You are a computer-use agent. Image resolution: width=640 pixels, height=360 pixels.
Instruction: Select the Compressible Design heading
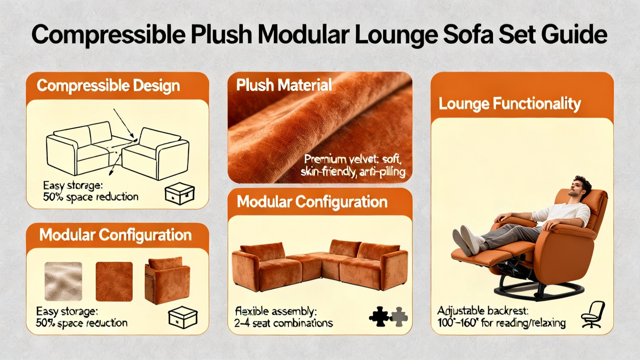(x=108, y=86)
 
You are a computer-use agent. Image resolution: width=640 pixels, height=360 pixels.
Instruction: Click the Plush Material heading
(x=284, y=85)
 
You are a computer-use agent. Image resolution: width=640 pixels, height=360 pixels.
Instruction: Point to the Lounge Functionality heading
(x=510, y=104)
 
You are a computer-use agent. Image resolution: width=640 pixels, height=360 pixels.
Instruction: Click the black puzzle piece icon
(x=379, y=316)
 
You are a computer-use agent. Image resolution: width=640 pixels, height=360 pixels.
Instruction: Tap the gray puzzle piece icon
(x=399, y=316)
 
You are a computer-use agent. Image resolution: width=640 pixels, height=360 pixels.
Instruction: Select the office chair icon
(x=593, y=314)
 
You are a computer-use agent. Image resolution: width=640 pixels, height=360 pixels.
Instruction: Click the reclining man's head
(x=579, y=186)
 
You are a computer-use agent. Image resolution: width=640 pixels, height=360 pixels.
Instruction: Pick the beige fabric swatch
(x=64, y=282)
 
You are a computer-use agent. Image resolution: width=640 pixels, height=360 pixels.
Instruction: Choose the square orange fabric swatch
(x=114, y=282)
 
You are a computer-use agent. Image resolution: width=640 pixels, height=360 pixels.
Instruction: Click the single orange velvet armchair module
(x=168, y=280)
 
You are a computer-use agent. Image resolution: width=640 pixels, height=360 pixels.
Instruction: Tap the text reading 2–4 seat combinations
(x=284, y=323)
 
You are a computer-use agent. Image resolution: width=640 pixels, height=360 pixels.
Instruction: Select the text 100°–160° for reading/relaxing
(x=502, y=323)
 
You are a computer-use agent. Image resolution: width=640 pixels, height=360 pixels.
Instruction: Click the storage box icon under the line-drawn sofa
(x=180, y=194)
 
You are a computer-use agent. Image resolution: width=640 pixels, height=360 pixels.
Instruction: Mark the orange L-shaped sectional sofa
(x=320, y=265)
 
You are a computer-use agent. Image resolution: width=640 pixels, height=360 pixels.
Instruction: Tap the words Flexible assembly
(x=276, y=311)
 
